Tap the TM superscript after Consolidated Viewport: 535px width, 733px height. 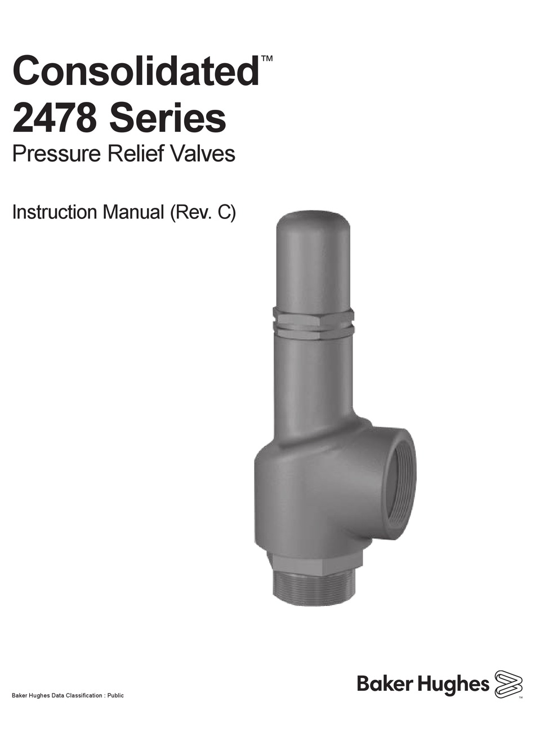[x=267, y=59]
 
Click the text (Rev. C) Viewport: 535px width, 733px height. [x=202, y=213]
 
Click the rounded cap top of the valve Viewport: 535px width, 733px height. [x=313, y=225]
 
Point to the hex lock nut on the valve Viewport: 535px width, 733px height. [x=313, y=323]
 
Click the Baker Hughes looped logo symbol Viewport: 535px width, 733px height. [x=509, y=684]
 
